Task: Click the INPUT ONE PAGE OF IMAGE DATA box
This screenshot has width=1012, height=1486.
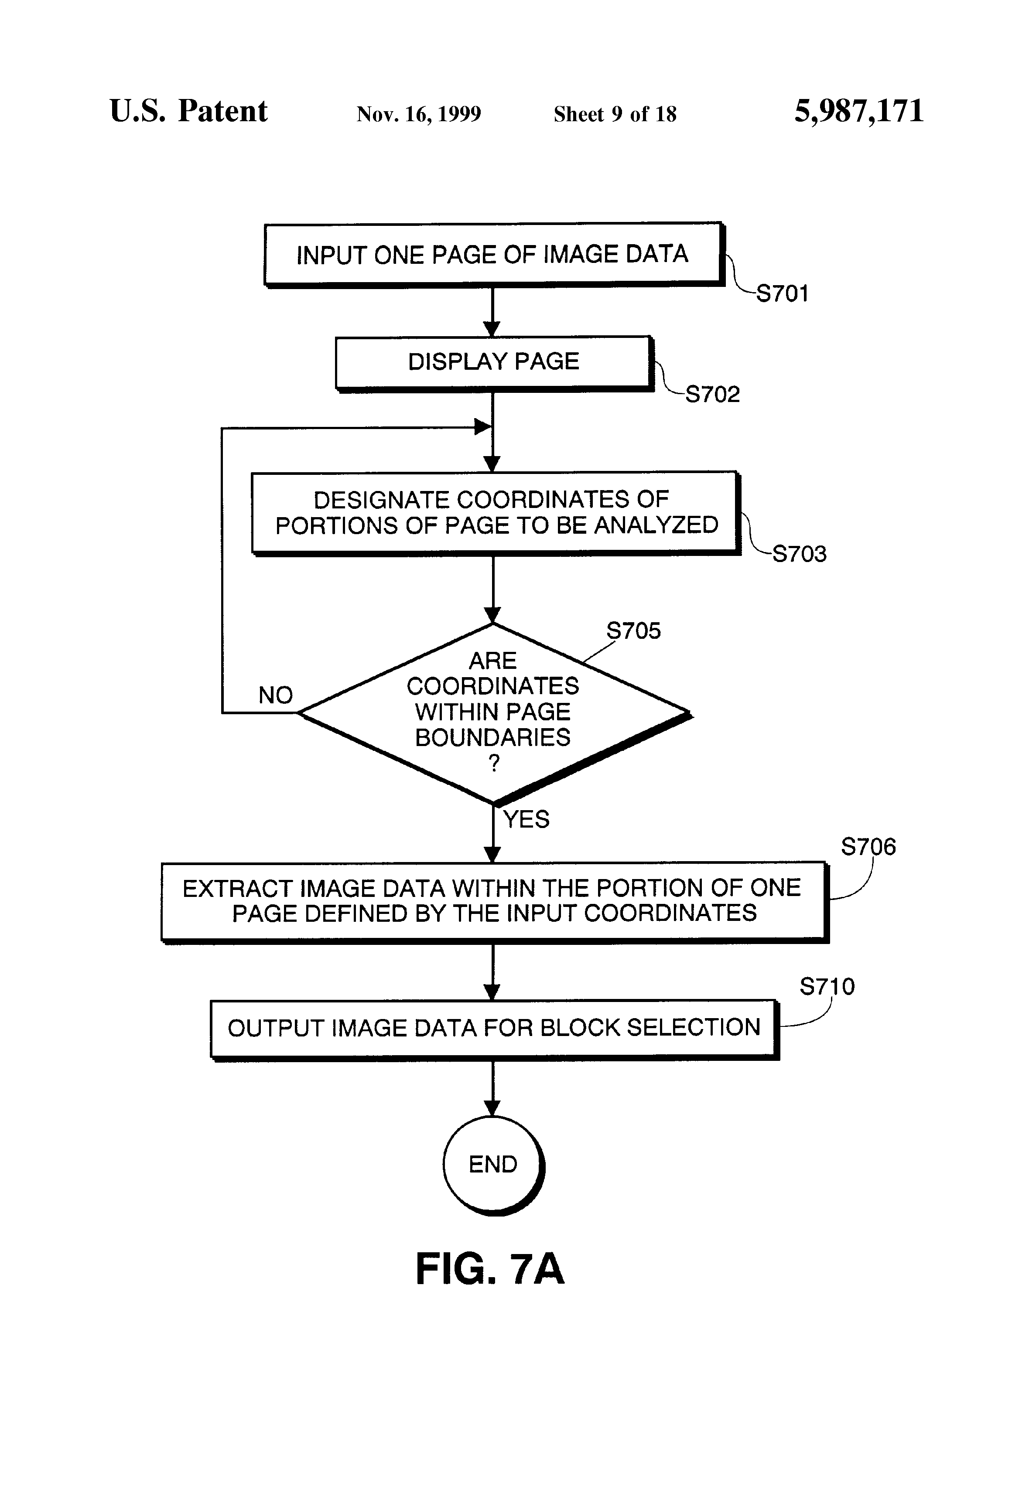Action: pos(492,254)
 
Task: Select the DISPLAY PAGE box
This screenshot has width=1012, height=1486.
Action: pos(492,362)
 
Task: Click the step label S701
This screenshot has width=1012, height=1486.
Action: pos(782,293)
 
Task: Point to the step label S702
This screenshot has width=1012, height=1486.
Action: pos(712,394)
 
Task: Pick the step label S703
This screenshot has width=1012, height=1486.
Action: pos(799,554)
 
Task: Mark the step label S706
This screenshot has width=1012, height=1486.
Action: pos(868,847)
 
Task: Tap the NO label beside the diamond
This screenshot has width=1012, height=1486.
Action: pos(275,695)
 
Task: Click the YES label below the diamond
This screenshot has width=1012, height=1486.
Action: pos(526,819)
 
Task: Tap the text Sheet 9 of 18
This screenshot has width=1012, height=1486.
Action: pos(615,114)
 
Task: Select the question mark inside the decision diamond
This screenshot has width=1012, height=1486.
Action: pos(493,763)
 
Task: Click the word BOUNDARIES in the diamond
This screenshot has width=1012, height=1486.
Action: pos(492,737)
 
